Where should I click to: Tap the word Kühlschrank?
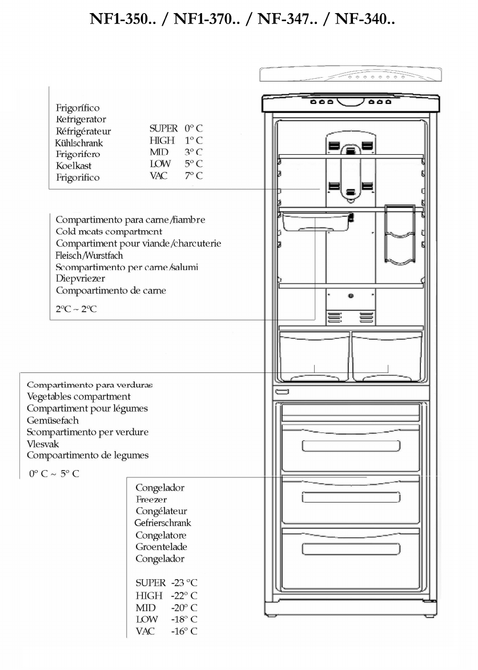pos(79,143)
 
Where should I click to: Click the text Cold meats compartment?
pos(109,231)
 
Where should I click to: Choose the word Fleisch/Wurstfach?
pos(89,255)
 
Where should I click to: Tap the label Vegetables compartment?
pos(79,396)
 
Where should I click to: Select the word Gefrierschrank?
pos(163,523)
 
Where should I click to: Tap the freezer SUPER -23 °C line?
pos(166,583)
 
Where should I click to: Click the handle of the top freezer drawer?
pos(351,445)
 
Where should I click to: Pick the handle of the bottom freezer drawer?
pos(351,549)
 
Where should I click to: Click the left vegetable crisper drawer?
pos(314,357)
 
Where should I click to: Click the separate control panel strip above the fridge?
pos(350,75)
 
